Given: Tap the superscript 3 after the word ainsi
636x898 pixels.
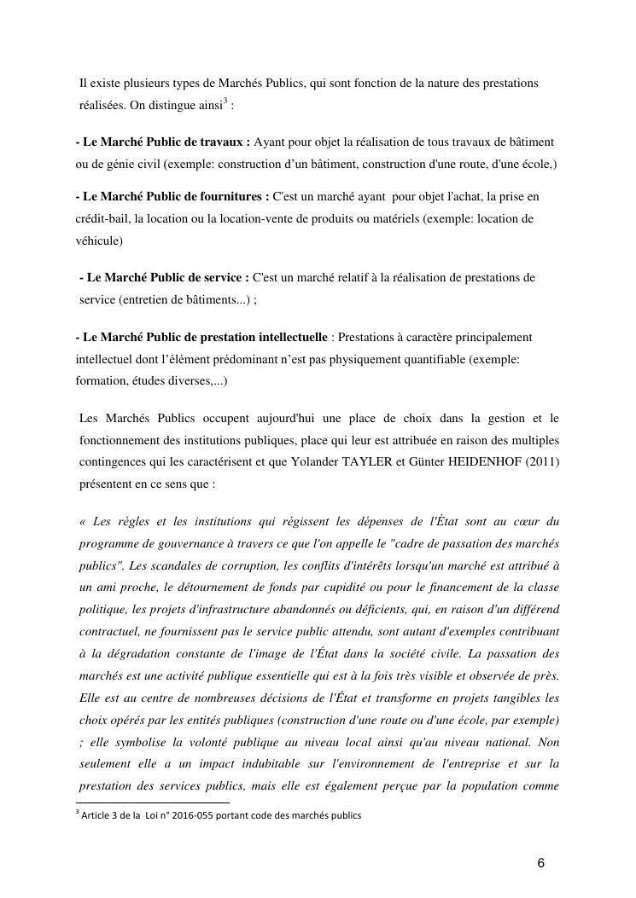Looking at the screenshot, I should tap(224, 102).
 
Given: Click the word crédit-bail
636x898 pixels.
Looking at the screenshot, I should tap(103, 219).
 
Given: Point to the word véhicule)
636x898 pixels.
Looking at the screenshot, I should tap(99, 241).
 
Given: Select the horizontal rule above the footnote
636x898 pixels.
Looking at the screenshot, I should tap(153, 802).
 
